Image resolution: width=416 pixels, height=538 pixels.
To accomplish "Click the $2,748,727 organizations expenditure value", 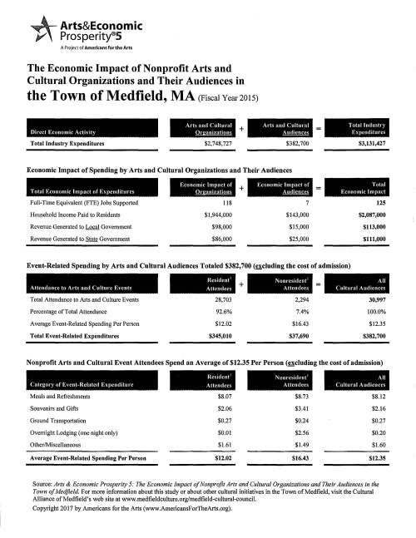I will pos(208,143).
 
